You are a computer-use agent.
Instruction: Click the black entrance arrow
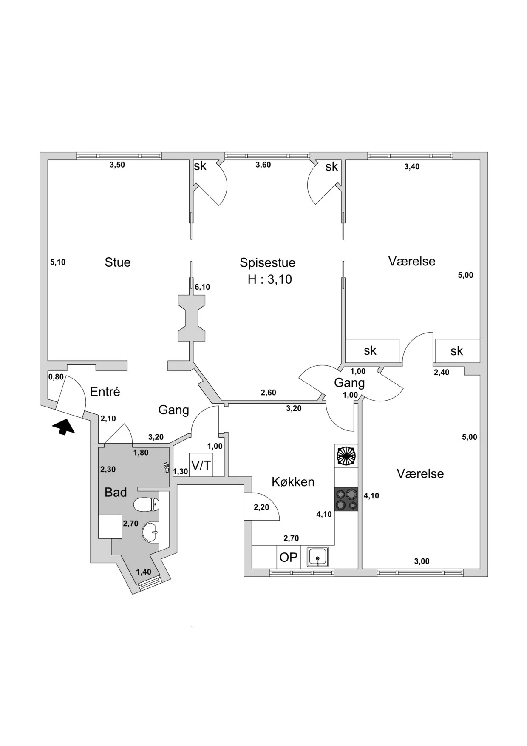(x=63, y=427)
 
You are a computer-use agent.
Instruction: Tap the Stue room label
(x=118, y=262)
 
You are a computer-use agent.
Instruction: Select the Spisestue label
(x=267, y=262)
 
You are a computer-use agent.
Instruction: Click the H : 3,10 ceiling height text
(x=270, y=279)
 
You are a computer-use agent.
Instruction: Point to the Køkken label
(x=293, y=482)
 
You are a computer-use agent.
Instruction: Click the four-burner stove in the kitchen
(x=346, y=499)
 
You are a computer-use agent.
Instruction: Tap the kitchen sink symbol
(x=317, y=557)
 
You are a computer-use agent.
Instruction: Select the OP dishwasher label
(x=289, y=557)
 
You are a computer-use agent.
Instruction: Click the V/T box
(x=201, y=465)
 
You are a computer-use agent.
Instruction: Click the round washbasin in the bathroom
(x=150, y=532)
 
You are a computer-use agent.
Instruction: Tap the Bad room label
(x=116, y=492)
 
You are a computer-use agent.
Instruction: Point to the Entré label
(x=105, y=391)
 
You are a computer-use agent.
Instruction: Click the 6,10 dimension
(x=202, y=287)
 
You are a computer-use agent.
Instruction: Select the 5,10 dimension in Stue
(x=58, y=262)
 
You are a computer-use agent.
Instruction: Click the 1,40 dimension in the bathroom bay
(x=144, y=572)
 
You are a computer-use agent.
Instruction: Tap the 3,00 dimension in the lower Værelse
(x=422, y=561)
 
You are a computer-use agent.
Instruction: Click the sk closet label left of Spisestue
(x=200, y=165)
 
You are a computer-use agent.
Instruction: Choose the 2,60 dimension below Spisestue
(x=268, y=393)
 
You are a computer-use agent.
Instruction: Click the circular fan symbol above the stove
(x=346, y=456)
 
